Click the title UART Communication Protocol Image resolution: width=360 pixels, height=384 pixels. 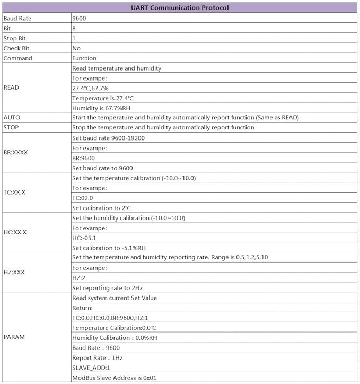tap(180, 8)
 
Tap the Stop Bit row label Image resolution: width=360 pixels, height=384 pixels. tap(15, 38)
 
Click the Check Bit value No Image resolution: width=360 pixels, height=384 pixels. tap(76, 48)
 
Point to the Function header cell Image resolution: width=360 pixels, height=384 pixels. tap(84, 58)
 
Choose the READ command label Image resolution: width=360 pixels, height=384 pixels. tap(11, 88)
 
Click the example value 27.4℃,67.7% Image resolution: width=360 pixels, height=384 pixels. tap(90, 88)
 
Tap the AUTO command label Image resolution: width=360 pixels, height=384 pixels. tap(12, 117)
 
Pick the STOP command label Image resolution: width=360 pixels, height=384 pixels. tap(11, 127)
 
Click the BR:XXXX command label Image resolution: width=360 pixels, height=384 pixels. tap(16, 152)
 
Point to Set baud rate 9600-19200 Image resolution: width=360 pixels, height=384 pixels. tap(108, 138)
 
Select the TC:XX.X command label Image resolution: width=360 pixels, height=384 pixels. tap(15, 192)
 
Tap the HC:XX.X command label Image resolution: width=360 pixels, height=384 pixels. tap(15, 232)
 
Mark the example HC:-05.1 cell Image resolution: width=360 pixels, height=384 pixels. tap(84, 238)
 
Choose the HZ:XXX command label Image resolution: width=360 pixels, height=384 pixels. tap(14, 272)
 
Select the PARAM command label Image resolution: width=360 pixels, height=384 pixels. tap(14, 337)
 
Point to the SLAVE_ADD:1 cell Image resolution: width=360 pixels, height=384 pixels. tap(91, 368)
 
